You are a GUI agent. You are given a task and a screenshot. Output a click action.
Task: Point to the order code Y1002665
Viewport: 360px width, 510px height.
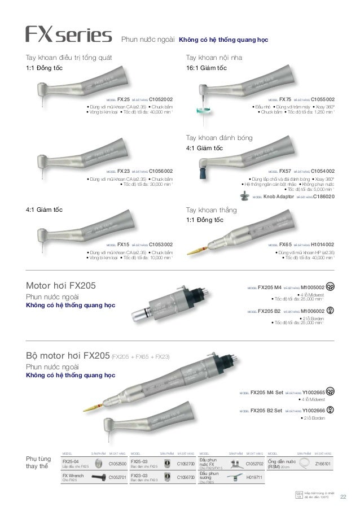click(x=313, y=391)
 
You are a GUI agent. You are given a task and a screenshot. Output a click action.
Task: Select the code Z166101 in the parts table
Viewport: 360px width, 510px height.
click(x=323, y=464)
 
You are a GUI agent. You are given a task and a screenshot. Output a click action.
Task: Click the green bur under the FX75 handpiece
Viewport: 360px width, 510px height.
click(x=201, y=115)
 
